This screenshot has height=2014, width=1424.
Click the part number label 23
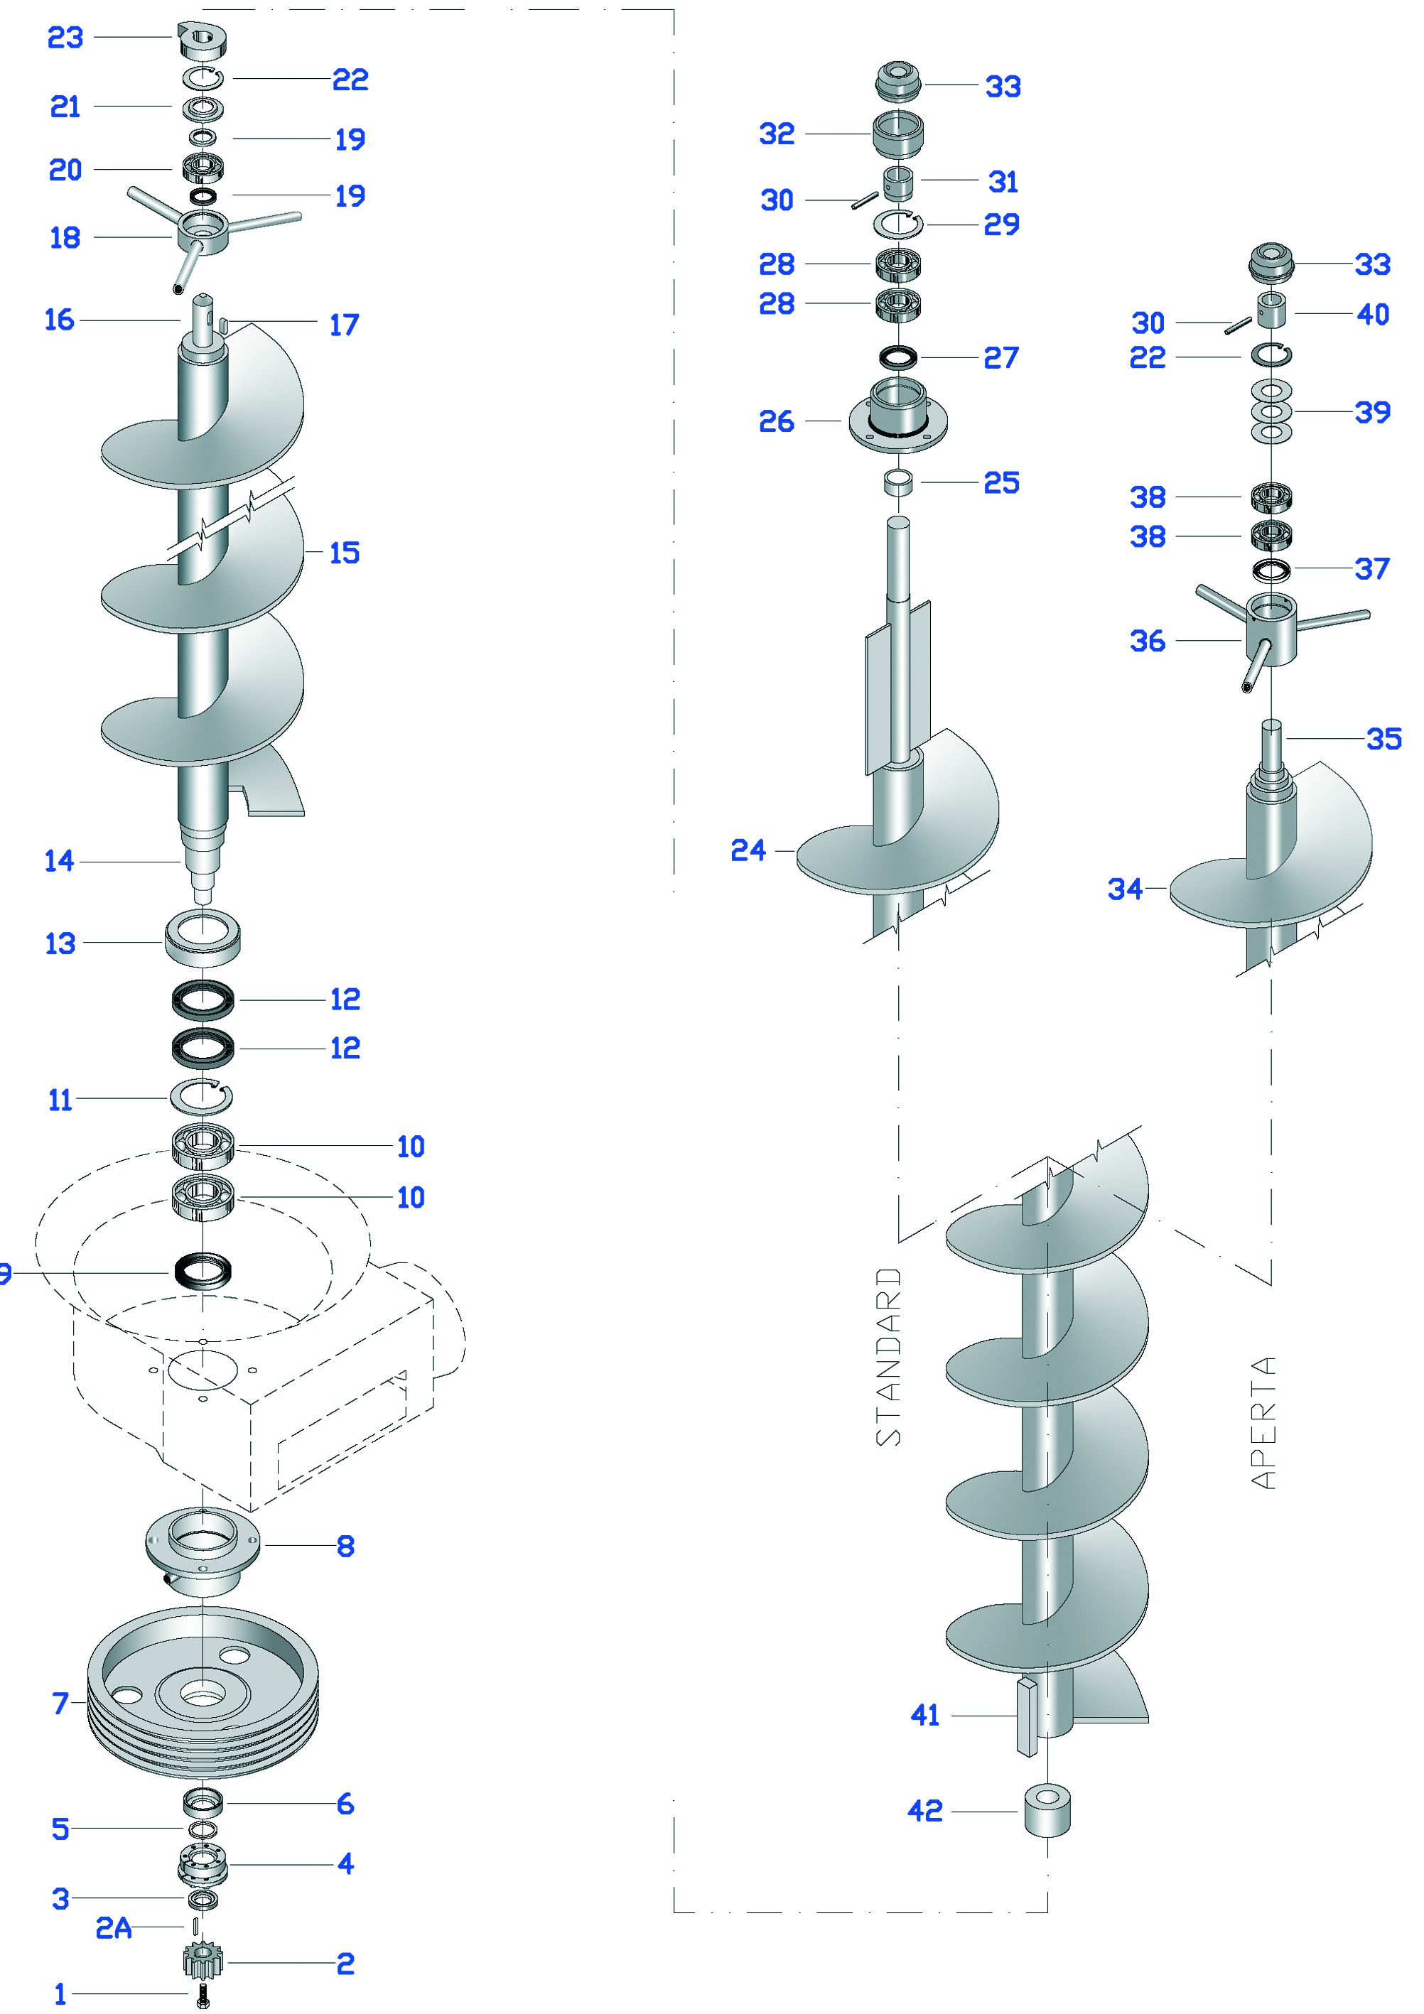coord(65,38)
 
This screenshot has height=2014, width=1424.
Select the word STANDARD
coord(889,1356)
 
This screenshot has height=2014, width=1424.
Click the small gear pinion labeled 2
coord(203,1961)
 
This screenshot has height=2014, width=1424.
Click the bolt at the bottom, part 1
coord(203,1995)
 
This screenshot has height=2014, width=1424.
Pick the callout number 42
coord(924,1811)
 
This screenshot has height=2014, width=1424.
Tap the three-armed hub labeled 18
coord(203,232)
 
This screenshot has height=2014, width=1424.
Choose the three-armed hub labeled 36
coord(1270,630)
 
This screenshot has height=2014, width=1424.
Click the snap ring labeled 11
coord(202,1096)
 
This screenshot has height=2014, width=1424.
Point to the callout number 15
coord(344,553)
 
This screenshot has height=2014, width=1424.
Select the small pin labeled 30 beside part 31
coord(864,201)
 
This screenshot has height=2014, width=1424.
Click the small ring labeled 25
coord(897,482)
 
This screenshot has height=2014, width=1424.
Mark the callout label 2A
coord(114,1928)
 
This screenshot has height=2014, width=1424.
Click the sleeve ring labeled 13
coord(203,939)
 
